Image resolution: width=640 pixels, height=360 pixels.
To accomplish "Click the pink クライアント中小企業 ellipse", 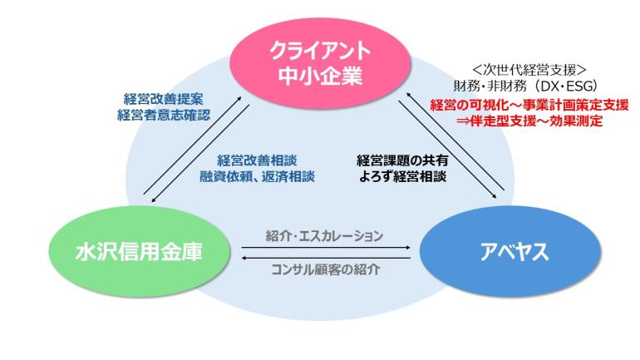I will point(321,65).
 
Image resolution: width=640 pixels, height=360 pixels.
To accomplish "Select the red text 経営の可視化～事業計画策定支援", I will point(529,106).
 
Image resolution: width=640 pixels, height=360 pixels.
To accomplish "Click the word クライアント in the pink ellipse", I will point(321,52).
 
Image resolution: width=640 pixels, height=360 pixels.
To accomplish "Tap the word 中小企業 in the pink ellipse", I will point(321,78).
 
